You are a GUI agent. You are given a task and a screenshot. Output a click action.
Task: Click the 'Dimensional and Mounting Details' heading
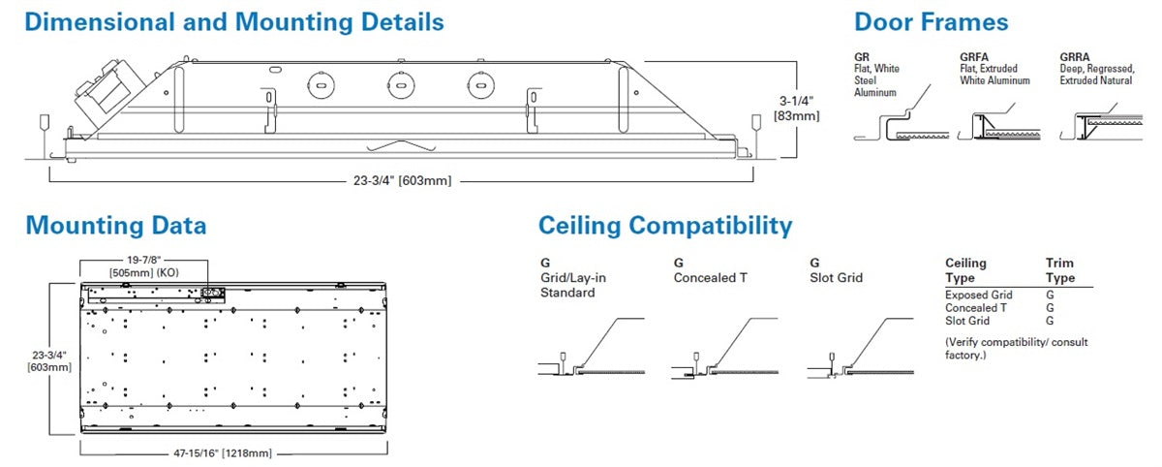tap(234, 22)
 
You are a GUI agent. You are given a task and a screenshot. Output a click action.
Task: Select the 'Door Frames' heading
tap(931, 22)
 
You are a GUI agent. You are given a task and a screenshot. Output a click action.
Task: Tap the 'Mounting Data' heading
tap(115, 226)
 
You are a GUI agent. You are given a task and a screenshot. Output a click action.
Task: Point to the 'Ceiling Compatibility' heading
tap(665, 226)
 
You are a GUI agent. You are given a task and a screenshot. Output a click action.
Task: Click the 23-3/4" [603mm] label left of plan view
tap(38, 360)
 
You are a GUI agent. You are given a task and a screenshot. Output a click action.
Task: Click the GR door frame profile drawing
tap(891, 124)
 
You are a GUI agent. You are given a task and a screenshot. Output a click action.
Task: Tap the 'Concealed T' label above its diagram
tap(710, 278)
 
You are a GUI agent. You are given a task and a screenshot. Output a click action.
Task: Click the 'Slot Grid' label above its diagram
tap(836, 278)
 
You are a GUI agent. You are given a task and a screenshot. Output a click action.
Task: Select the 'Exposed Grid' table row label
tap(978, 295)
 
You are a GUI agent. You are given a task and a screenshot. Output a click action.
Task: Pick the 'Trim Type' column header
tap(1059, 269)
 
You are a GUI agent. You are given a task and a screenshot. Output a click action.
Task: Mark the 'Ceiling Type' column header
tap(965, 269)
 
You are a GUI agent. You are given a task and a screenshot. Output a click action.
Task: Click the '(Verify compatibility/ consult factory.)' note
tap(1010, 349)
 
